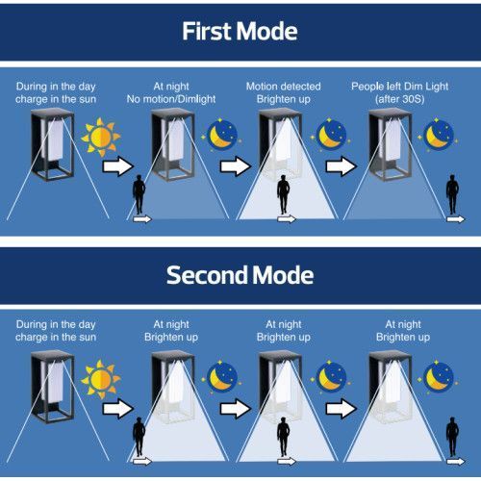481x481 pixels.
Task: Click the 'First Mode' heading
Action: click(240, 31)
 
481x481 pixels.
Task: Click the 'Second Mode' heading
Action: click(240, 275)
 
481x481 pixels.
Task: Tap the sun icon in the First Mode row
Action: click(101, 137)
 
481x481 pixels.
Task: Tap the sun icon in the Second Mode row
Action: click(101, 379)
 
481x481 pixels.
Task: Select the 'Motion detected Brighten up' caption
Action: click(284, 92)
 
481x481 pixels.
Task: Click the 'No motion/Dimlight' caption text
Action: click(171, 99)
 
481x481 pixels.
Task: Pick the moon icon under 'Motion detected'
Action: click(331, 135)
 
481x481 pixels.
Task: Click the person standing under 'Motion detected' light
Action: click(283, 194)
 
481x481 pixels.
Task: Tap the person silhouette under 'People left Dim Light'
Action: click(452, 194)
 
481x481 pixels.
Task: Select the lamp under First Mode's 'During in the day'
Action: click(53, 144)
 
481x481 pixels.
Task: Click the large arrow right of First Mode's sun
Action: click(118, 166)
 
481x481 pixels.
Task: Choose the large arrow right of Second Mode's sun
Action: click(118, 409)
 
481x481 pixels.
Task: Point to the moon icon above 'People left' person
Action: click(438, 135)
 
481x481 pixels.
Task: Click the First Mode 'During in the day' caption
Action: click(56, 92)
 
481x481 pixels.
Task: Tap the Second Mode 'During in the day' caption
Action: click(56, 331)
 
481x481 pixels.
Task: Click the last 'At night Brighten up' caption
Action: click(403, 331)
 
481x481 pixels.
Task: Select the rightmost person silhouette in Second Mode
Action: click(452, 437)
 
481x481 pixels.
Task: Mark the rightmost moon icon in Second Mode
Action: click(438, 377)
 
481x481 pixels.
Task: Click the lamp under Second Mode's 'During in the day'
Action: click(53, 387)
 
